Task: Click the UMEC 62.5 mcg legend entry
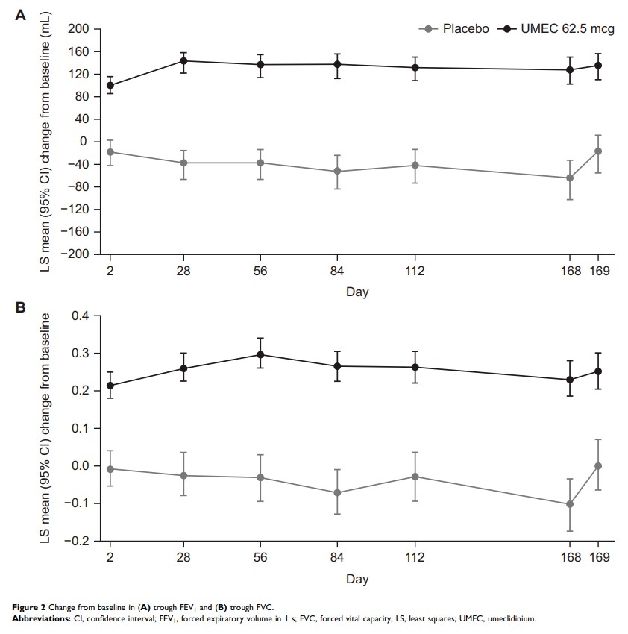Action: [547, 29]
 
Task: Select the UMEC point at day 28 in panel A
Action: [183, 60]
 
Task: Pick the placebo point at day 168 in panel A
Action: [571, 178]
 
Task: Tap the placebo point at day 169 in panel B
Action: [597, 465]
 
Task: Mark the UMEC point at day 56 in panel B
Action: [260, 354]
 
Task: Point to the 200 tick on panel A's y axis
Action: [78, 29]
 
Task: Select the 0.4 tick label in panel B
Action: [80, 316]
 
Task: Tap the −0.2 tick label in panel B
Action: [76, 541]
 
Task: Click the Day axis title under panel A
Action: [357, 292]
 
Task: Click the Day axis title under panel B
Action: [357, 578]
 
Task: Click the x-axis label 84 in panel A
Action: [337, 272]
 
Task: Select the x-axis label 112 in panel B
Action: [415, 558]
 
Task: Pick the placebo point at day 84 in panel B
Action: [337, 492]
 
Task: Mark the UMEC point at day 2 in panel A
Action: [110, 85]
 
